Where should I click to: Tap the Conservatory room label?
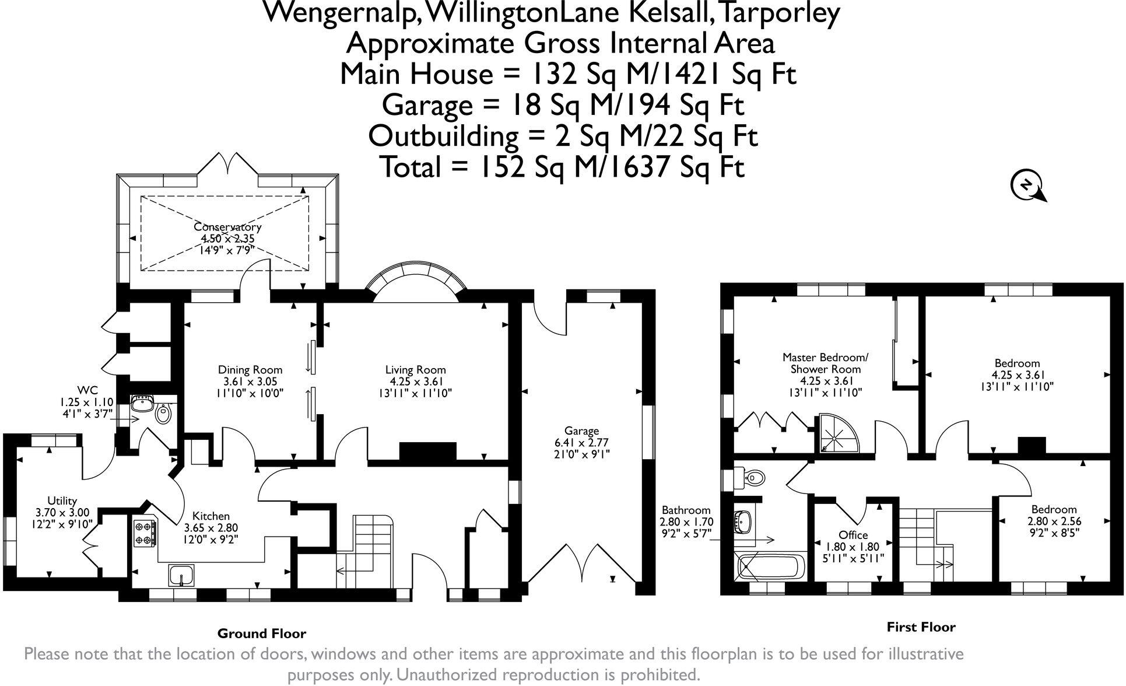[227, 227]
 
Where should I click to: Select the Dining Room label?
[250, 370]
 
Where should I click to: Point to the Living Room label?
[415, 370]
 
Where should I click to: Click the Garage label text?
[581, 431]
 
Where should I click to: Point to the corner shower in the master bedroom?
[837, 433]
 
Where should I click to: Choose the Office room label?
[853, 535]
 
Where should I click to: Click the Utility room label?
[62, 501]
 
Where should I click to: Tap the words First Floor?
[921, 628]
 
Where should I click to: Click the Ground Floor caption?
[261, 633]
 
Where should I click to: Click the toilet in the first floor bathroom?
[752, 478]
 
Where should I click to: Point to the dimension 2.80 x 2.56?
[1053, 521]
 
